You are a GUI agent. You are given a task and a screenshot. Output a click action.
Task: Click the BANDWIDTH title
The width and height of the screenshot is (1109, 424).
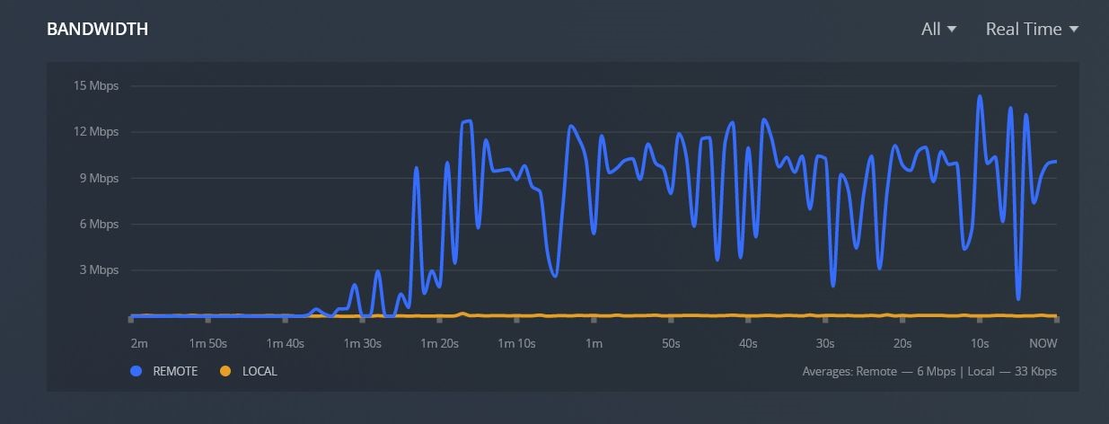click(x=97, y=30)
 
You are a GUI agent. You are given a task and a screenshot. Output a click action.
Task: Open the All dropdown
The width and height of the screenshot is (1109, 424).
click(x=938, y=30)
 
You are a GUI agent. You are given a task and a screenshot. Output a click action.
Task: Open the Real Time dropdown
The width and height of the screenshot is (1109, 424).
click(x=1032, y=30)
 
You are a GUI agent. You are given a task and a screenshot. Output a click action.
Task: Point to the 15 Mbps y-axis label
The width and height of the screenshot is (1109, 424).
click(x=96, y=86)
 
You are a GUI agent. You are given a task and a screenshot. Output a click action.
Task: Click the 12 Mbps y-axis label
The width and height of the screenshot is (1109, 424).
click(x=96, y=132)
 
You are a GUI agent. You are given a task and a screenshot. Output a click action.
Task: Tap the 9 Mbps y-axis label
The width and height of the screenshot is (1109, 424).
click(x=99, y=178)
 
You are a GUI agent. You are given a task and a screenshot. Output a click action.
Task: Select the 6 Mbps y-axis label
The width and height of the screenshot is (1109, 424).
click(x=99, y=224)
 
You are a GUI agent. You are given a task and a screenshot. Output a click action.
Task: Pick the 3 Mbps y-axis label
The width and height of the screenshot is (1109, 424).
click(x=99, y=269)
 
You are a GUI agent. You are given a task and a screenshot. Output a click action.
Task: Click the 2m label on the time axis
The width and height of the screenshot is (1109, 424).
click(x=138, y=343)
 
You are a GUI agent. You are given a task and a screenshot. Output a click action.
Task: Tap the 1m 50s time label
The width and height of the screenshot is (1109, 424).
click(x=208, y=343)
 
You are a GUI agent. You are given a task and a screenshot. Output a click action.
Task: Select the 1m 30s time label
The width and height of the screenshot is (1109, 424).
click(x=363, y=343)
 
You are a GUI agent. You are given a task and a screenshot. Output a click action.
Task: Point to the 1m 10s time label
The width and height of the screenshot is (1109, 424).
click(x=517, y=343)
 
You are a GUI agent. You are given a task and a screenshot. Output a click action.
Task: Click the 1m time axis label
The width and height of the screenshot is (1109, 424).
click(x=594, y=343)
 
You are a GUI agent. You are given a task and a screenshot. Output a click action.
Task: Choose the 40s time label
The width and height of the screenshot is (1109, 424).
click(x=748, y=343)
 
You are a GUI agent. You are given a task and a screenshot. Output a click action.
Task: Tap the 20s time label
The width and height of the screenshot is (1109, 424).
click(x=902, y=343)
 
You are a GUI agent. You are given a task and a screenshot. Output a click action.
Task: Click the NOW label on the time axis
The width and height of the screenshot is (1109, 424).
click(x=1043, y=343)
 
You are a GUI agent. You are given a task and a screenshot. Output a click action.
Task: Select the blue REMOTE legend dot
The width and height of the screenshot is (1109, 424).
click(x=136, y=371)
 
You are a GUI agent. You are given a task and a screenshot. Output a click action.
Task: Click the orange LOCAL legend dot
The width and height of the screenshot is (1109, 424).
click(x=225, y=371)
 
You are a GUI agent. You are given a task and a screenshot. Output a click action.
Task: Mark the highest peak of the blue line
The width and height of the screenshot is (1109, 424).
click(x=980, y=96)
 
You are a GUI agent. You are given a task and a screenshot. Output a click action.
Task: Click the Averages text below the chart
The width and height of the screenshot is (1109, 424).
click(x=929, y=371)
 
